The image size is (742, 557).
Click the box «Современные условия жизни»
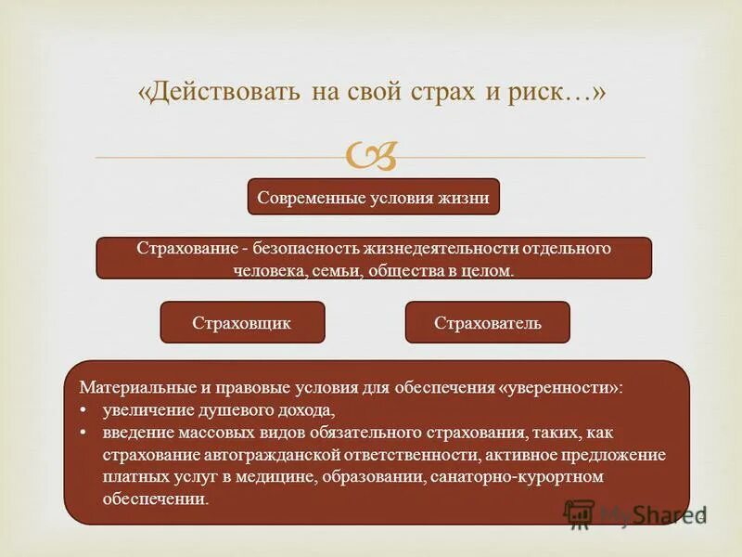point(373,197)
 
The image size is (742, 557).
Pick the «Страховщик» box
point(242,322)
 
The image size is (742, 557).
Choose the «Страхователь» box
point(487,322)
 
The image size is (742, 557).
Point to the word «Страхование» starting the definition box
point(181,250)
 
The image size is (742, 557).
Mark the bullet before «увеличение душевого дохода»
point(83,409)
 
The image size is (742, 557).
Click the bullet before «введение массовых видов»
point(83,433)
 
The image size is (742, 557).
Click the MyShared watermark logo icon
point(579,513)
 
